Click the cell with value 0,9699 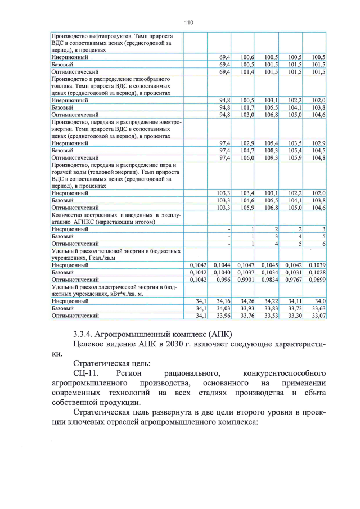tap(315, 279)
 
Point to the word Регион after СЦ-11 tap(131, 373)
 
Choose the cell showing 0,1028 tap(315, 272)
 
